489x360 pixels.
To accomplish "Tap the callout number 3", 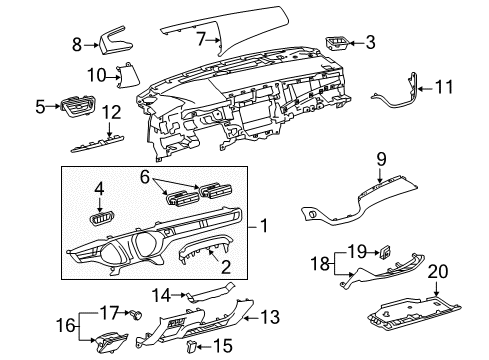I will (370, 42).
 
